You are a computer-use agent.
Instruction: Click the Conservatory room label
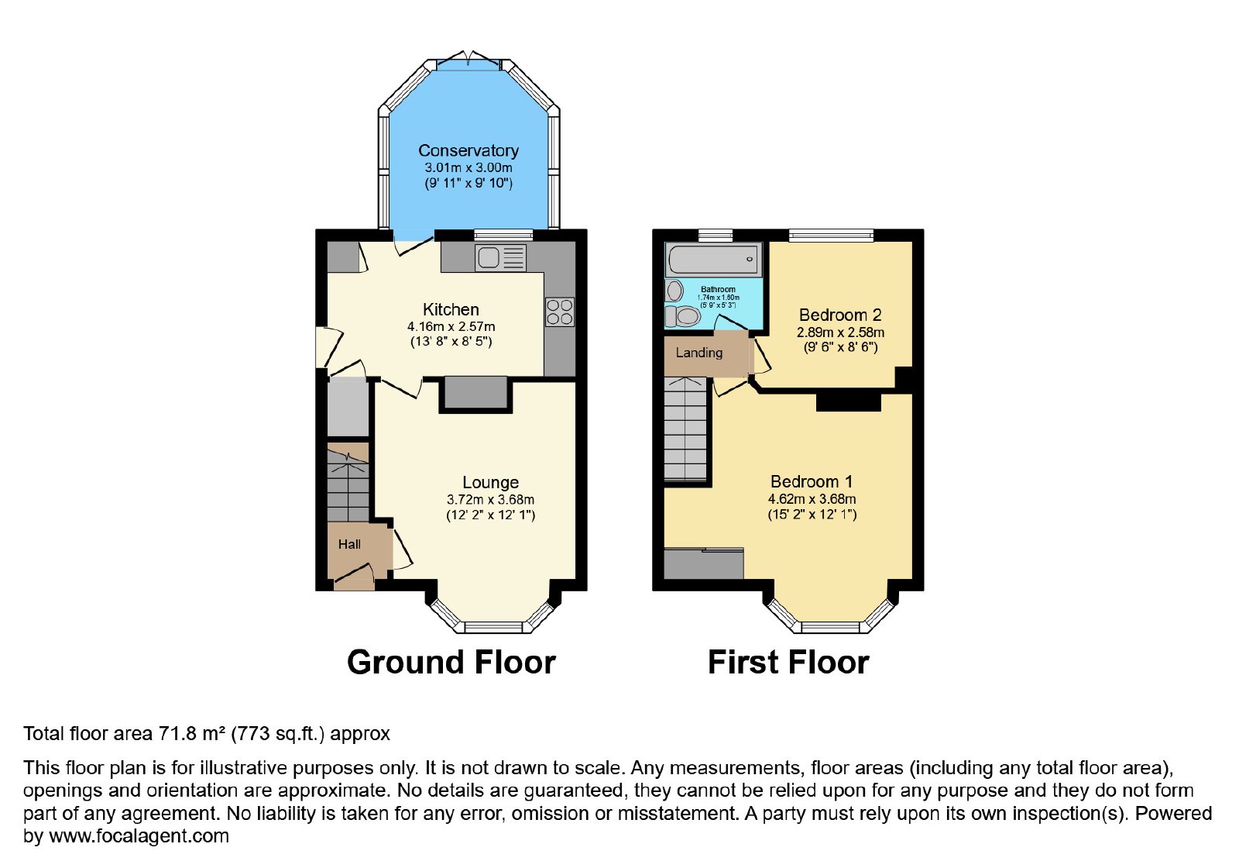pyautogui.click(x=468, y=150)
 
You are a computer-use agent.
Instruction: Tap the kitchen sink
pyautogui.click(x=500, y=258)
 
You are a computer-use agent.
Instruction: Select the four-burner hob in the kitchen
pyautogui.click(x=560, y=312)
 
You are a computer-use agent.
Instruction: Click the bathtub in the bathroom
pyautogui.click(x=713, y=260)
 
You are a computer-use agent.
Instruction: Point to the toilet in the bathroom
pyautogui.click(x=683, y=317)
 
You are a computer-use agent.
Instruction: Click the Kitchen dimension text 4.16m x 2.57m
pyautogui.click(x=451, y=326)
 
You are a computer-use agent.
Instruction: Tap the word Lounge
pyautogui.click(x=491, y=483)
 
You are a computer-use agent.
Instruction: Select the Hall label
pyautogui.click(x=349, y=545)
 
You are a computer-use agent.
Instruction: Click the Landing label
pyautogui.click(x=699, y=353)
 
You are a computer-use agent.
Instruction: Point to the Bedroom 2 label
pyautogui.click(x=840, y=315)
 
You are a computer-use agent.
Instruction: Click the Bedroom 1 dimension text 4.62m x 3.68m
pyautogui.click(x=812, y=499)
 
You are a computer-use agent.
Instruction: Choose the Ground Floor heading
pyautogui.click(x=451, y=663)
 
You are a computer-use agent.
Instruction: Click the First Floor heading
pyautogui.click(x=788, y=663)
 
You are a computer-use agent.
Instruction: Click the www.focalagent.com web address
pyautogui.click(x=139, y=836)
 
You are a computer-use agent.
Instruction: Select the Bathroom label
pyautogui.click(x=718, y=290)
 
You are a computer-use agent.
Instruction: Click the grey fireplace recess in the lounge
pyautogui.click(x=475, y=392)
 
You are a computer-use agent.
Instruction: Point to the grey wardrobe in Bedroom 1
pyautogui.click(x=704, y=563)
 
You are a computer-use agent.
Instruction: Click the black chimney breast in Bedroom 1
pyautogui.click(x=849, y=402)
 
